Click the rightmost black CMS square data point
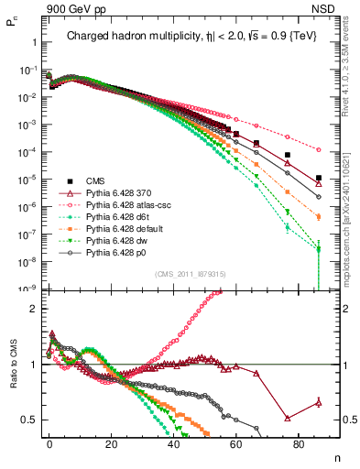tap(318, 178)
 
